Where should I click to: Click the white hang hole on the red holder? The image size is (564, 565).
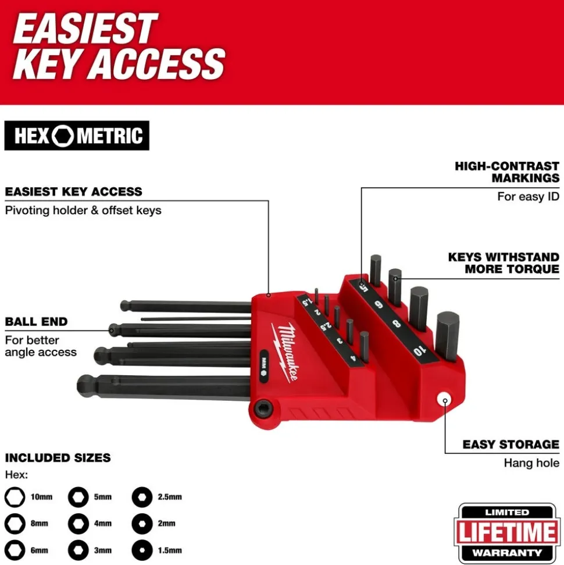(445, 401)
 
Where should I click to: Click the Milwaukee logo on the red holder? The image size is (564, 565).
(286, 352)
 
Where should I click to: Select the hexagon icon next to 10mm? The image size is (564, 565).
(15, 498)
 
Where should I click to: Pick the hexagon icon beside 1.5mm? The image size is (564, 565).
(142, 550)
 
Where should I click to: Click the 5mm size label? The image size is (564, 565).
(103, 498)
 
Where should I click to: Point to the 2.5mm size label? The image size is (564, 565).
(170, 498)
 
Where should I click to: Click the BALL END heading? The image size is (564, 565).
(37, 321)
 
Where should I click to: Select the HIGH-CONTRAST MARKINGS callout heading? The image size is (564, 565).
(507, 172)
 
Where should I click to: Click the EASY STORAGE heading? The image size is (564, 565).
(511, 445)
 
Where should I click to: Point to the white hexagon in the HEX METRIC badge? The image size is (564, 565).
(63, 136)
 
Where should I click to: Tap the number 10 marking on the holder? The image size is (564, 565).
(420, 350)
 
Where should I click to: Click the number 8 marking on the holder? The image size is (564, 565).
(396, 324)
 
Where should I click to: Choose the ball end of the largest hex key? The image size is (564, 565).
(86, 386)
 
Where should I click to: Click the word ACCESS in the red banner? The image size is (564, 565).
(158, 64)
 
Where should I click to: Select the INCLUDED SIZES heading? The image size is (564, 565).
(58, 457)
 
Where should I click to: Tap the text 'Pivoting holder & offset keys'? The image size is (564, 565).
(83, 211)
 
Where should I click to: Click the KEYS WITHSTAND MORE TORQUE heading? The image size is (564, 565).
(504, 263)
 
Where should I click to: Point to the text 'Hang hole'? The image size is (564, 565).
(531, 463)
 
